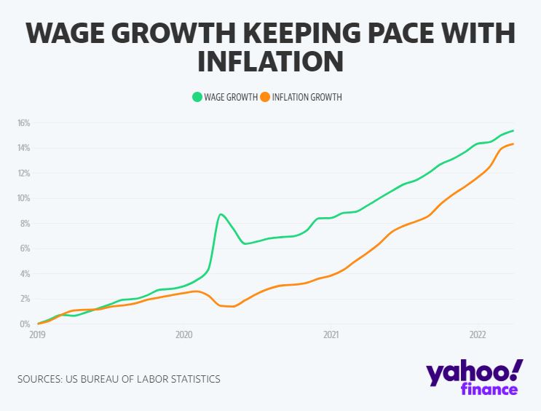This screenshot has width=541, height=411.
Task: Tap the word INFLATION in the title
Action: tap(269, 61)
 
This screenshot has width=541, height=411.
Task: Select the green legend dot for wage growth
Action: tap(197, 96)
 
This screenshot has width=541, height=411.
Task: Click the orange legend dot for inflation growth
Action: tap(266, 96)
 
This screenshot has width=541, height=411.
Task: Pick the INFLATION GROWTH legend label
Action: tap(307, 96)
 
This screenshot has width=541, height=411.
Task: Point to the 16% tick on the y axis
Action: tap(23, 123)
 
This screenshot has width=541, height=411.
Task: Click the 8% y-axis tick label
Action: tap(25, 224)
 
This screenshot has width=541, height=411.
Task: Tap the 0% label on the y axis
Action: tap(25, 324)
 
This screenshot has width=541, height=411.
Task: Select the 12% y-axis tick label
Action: tap(23, 173)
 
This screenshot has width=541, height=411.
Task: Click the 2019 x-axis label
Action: tap(37, 336)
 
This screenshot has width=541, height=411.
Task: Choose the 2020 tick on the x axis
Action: tap(183, 336)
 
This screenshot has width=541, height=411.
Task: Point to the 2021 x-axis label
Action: tap(331, 336)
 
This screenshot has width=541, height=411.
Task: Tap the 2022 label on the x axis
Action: tap(477, 336)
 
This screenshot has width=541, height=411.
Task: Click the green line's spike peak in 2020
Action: tap(221, 214)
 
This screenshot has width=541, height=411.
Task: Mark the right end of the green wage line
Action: tap(513, 130)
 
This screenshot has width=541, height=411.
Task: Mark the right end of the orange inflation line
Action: tap(513, 144)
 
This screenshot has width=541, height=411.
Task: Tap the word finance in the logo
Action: tap(489, 389)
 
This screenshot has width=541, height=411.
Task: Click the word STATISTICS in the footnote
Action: tap(191, 379)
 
